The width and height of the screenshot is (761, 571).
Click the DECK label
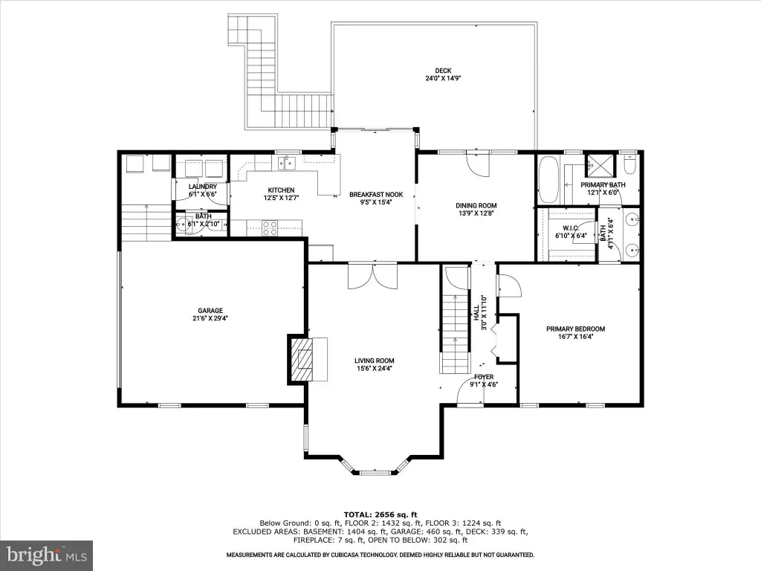coord(443,71)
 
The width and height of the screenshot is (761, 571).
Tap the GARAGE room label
coord(210,311)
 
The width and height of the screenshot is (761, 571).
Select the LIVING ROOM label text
coord(375,361)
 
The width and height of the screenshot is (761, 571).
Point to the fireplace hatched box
coord(302,360)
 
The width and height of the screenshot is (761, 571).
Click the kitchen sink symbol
coord(287,163)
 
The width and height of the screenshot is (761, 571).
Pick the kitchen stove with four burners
coord(270,228)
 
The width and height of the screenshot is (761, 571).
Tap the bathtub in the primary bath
coord(549,180)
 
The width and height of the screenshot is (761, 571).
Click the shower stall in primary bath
coord(600,167)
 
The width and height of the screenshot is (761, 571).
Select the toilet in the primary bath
coord(629,165)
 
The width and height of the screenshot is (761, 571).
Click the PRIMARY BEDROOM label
coord(576,329)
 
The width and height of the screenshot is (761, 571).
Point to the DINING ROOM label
coord(476,205)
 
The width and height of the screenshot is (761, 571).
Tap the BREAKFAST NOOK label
coord(376,195)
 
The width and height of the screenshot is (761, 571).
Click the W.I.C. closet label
coord(571,228)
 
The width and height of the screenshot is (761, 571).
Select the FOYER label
coord(484,377)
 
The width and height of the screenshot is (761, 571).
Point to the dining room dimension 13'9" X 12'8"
coord(476,213)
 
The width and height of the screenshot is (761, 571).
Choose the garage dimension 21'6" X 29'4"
coord(210,318)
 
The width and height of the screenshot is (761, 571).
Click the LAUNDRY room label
coord(202,187)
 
